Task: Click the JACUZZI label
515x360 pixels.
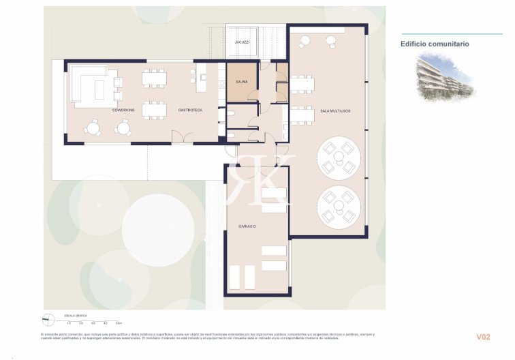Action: (x=242, y=42)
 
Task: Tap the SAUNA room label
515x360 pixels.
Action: (x=242, y=82)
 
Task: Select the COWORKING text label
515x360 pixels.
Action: (x=123, y=110)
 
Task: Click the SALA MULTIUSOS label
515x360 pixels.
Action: (x=334, y=110)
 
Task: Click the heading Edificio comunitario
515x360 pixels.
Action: (x=435, y=44)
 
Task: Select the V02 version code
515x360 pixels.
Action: (x=483, y=337)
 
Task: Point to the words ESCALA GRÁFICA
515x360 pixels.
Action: (x=75, y=316)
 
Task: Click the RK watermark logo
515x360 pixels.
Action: (x=261, y=179)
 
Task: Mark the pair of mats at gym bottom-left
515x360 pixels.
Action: (x=242, y=277)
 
